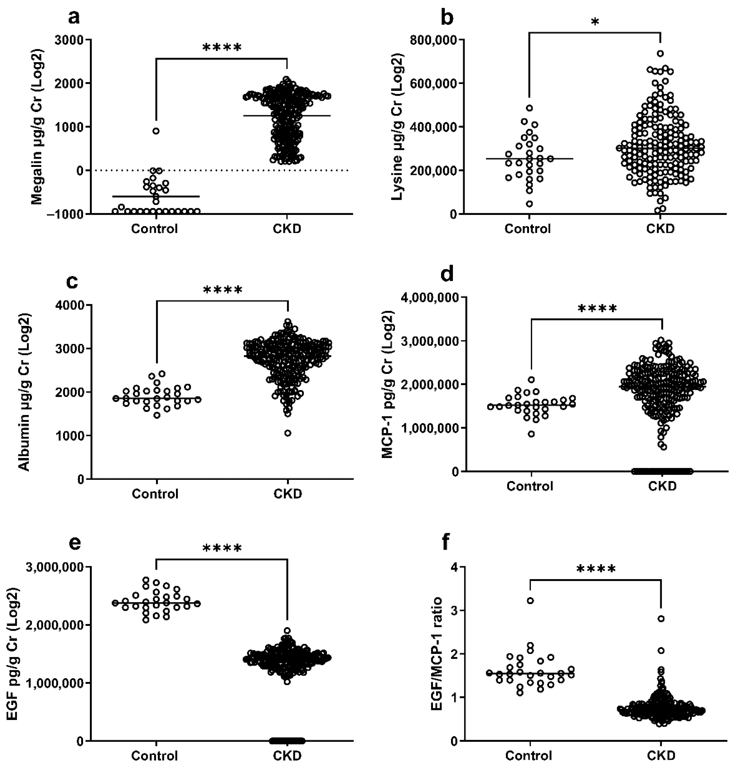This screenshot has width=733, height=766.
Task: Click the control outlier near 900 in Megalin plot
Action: coord(156,131)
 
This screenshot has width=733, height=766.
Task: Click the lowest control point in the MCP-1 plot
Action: coord(531,434)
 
